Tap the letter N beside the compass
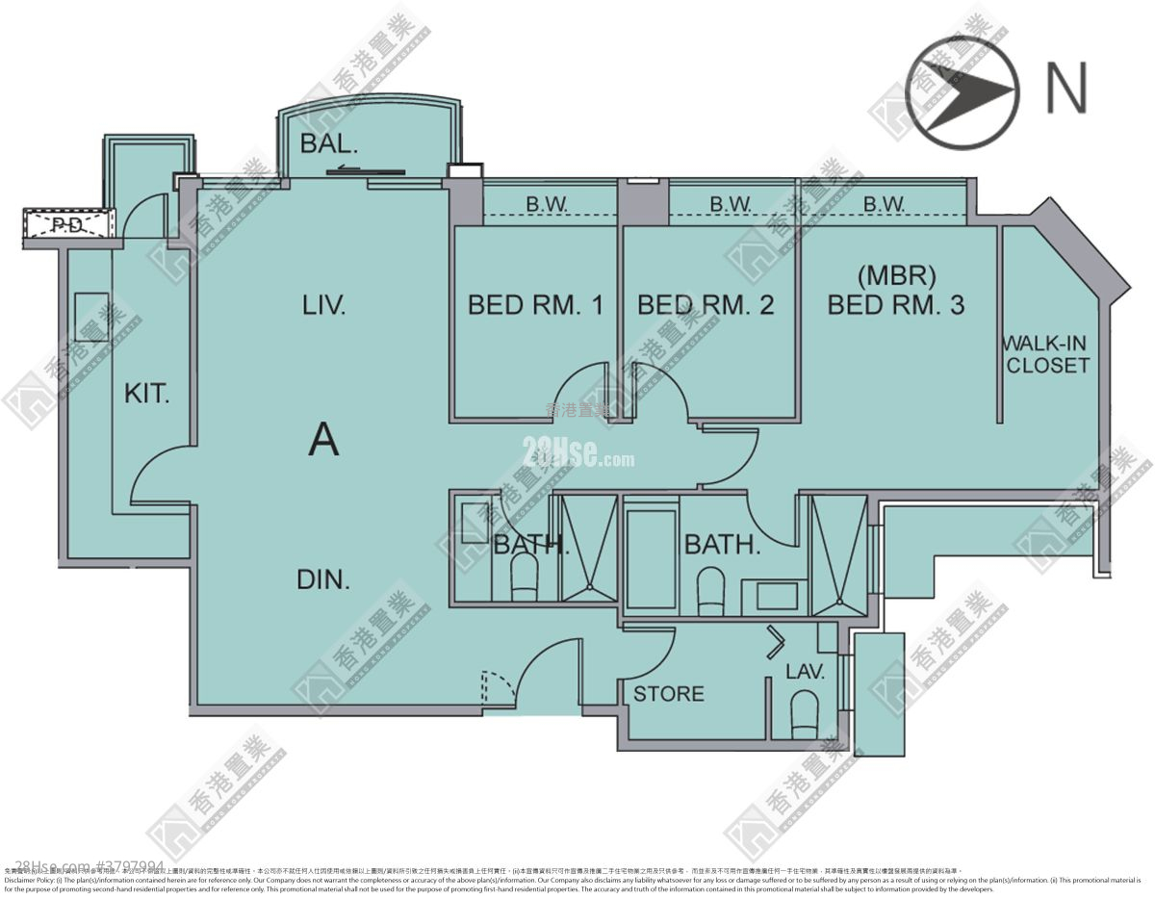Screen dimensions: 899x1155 click(x=1066, y=89)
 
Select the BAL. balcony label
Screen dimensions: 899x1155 click(x=329, y=145)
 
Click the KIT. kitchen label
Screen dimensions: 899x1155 click(x=146, y=394)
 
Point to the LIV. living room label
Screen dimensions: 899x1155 click(x=323, y=306)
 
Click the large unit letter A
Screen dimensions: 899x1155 click(x=323, y=441)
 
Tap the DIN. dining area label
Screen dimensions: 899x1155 click(x=322, y=579)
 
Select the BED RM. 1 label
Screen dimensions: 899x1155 click(x=535, y=306)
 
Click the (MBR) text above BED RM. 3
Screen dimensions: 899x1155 click(x=896, y=276)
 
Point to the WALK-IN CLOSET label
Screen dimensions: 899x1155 click(x=1047, y=353)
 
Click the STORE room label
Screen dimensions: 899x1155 click(x=668, y=694)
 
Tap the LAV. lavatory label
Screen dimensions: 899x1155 click(x=806, y=673)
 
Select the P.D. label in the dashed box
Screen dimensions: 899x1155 click(x=66, y=227)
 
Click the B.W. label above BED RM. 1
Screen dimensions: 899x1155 click(x=546, y=204)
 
